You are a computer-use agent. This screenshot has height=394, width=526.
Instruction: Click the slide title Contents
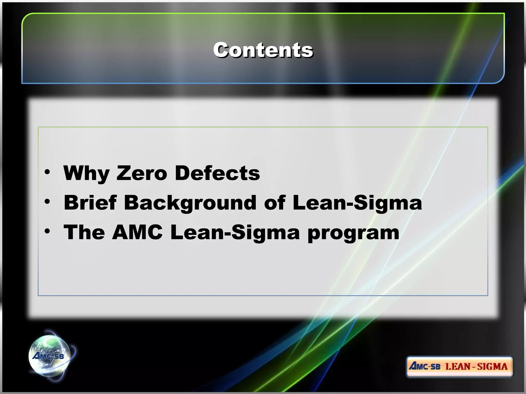[x=263, y=50]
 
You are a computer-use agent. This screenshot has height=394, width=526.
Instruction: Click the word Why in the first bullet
[x=86, y=173]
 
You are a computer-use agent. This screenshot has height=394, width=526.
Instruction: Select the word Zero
[x=142, y=173]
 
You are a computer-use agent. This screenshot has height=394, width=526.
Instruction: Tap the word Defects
[x=217, y=173]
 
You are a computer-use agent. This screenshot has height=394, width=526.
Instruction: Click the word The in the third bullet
[x=84, y=232]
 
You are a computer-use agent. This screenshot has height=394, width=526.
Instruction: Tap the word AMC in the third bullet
[x=137, y=232]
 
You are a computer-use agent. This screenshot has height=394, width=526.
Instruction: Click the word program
[x=353, y=233]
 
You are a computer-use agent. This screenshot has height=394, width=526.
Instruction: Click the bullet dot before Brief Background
[x=47, y=202]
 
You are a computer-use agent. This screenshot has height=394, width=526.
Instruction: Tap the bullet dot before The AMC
[x=47, y=231]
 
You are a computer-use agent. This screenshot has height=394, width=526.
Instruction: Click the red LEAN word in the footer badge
[x=457, y=366]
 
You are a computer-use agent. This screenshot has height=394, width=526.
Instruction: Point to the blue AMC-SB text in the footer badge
[x=425, y=366]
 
